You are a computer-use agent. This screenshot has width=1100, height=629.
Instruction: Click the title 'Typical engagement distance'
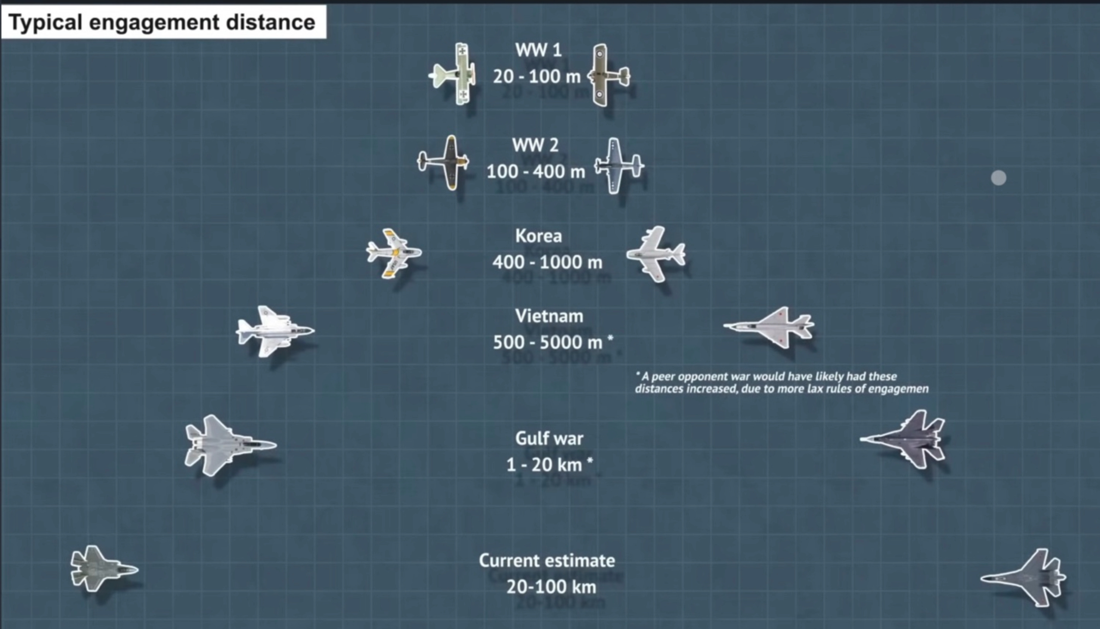click(x=162, y=23)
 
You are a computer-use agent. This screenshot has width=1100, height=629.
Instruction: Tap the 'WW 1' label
click(x=538, y=50)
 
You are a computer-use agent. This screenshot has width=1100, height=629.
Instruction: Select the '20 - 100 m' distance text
click(x=537, y=76)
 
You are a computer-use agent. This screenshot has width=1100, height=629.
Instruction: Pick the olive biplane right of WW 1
click(x=606, y=75)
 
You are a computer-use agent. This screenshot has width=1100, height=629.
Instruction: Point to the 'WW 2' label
click(x=535, y=145)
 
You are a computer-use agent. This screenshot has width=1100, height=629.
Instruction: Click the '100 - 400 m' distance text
click(x=536, y=172)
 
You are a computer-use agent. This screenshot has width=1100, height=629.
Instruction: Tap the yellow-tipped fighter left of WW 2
click(x=445, y=162)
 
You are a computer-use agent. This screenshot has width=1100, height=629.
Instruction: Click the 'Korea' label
click(x=539, y=236)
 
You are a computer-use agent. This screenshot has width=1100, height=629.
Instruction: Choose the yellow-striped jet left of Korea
click(x=393, y=253)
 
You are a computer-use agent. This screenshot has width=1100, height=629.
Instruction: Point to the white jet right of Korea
click(x=655, y=254)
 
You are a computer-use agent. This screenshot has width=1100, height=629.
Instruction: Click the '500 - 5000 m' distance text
click(x=548, y=342)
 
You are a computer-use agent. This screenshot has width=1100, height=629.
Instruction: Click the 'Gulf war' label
click(x=549, y=438)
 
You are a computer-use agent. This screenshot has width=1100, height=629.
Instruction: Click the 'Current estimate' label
click(x=547, y=560)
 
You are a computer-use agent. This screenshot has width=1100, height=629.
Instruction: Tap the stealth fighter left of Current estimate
click(x=102, y=568)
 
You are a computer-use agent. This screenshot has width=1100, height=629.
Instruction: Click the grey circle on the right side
click(x=998, y=178)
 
